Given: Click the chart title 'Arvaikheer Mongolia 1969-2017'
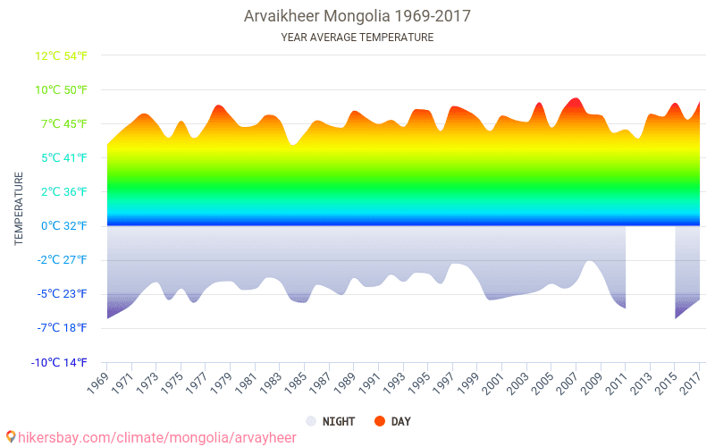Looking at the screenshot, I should tap(357, 16).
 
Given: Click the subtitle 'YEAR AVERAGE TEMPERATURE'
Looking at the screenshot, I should tap(357, 38).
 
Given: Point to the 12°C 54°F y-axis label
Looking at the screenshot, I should tap(61, 56).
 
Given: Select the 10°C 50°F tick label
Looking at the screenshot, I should tap(61, 90).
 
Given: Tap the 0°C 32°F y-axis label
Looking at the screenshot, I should tap(63, 226).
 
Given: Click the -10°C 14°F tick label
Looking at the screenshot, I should tap(61, 362).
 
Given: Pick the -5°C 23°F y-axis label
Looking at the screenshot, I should tap(62, 294).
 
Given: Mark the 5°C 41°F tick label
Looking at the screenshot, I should tap(63, 158).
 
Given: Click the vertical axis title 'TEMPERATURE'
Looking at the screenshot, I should tap(19, 209).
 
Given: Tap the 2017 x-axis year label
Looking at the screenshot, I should tap(690, 384).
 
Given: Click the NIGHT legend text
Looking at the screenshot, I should tap(338, 421).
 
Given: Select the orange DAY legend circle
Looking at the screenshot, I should tap(380, 421).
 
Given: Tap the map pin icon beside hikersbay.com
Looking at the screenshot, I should tap(11, 437).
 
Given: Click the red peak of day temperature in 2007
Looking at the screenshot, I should tap(576, 101).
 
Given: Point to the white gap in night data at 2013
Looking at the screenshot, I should tap(650, 268).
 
